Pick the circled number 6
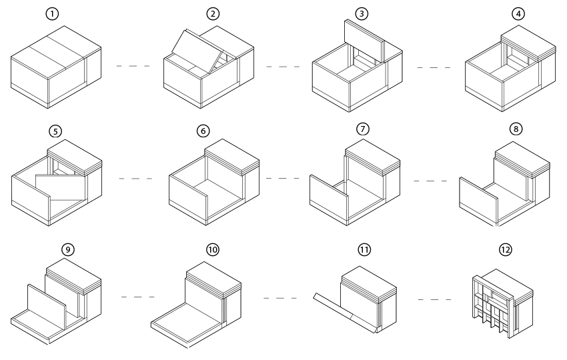[x=203, y=131]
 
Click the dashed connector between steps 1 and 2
[x=132, y=66]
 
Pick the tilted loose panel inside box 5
[x=61, y=188]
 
